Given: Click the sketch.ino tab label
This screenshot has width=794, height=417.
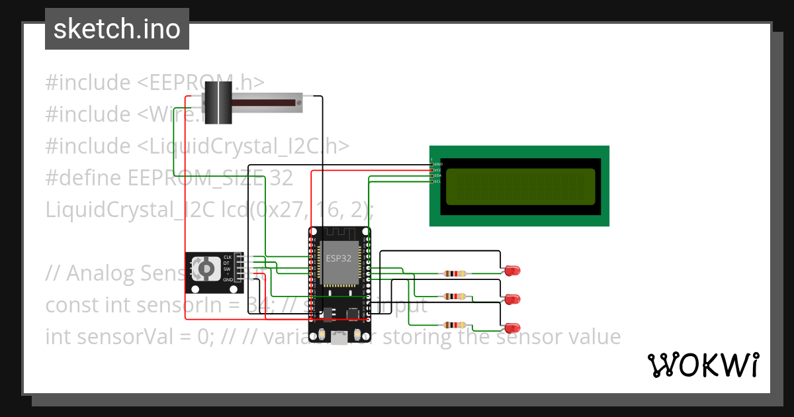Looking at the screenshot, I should (x=117, y=29).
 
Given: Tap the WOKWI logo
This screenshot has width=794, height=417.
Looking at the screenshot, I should (x=702, y=365).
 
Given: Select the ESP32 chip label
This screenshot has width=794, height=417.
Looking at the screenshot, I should (x=339, y=259).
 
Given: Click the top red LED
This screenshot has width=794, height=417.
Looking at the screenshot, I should (x=511, y=270).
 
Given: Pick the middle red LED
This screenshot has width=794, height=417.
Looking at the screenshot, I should (x=511, y=299).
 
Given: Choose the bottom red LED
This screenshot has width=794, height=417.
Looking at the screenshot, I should (x=511, y=328).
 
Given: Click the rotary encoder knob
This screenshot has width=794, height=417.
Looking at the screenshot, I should (x=206, y=269).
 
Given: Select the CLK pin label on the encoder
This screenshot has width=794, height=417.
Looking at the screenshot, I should (x=227, y=257).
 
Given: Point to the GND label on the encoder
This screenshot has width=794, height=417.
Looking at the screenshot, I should (x=228, y=280).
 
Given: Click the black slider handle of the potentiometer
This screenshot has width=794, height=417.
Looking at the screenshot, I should (x=218, y=102).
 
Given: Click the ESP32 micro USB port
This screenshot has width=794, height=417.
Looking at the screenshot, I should (x=339, y=339).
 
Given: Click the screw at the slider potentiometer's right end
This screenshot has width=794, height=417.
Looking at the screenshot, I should (x=299, y=103).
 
